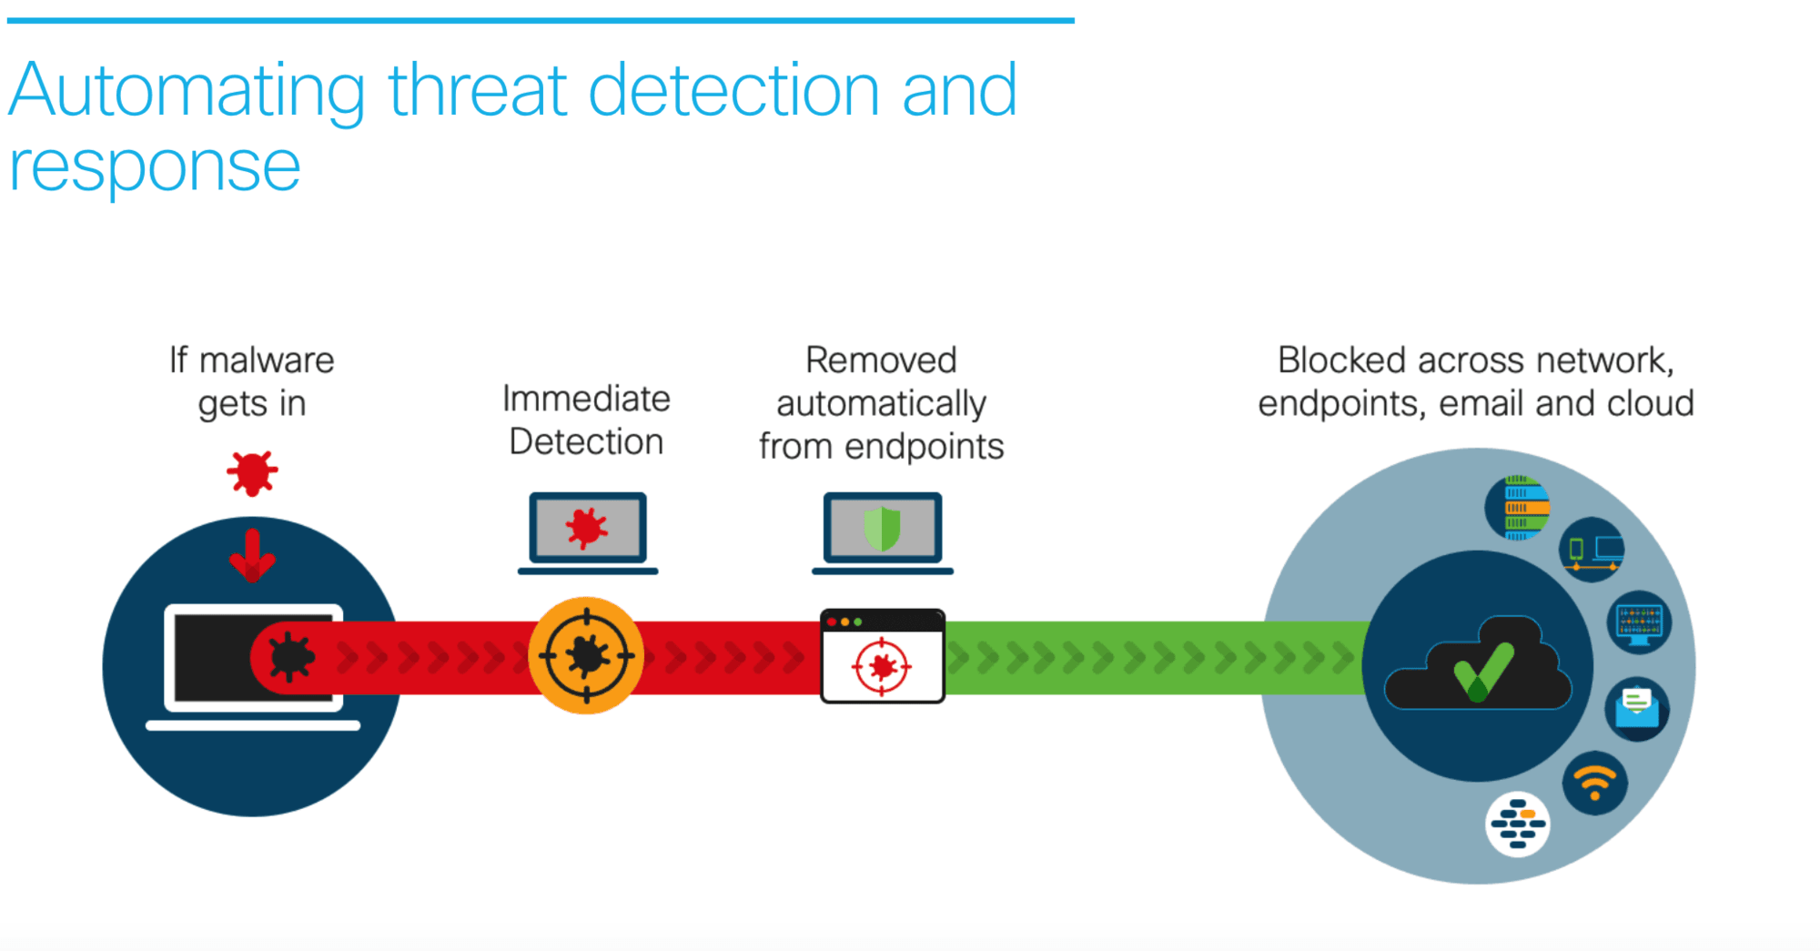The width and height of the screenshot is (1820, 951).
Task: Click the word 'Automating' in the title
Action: [187, 91]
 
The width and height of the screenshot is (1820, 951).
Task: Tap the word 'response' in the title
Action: [155, 167]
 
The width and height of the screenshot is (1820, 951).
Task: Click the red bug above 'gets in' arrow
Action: [252, 473]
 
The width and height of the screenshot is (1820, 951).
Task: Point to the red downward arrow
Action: [252, 555]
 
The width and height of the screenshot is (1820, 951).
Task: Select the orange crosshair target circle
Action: [586, 655]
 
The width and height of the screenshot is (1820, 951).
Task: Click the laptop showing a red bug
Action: [588, 533]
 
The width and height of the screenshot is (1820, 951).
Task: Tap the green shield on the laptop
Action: [882, 529]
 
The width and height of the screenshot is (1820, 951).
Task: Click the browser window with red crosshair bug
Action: [882, 656]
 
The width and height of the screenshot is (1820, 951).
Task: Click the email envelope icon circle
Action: [1637, 709]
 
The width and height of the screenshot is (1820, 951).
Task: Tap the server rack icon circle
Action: [1518, 508]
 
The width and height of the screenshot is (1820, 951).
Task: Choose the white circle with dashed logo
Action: [1518, 825]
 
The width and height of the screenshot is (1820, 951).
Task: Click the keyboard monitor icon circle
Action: [1639, 623]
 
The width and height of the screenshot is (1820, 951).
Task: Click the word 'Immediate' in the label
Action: [586, 399]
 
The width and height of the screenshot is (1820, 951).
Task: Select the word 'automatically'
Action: [881, 404]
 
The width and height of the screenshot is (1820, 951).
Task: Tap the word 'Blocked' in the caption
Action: [1342, 360]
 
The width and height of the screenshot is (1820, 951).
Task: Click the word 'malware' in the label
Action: [267, 360]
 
